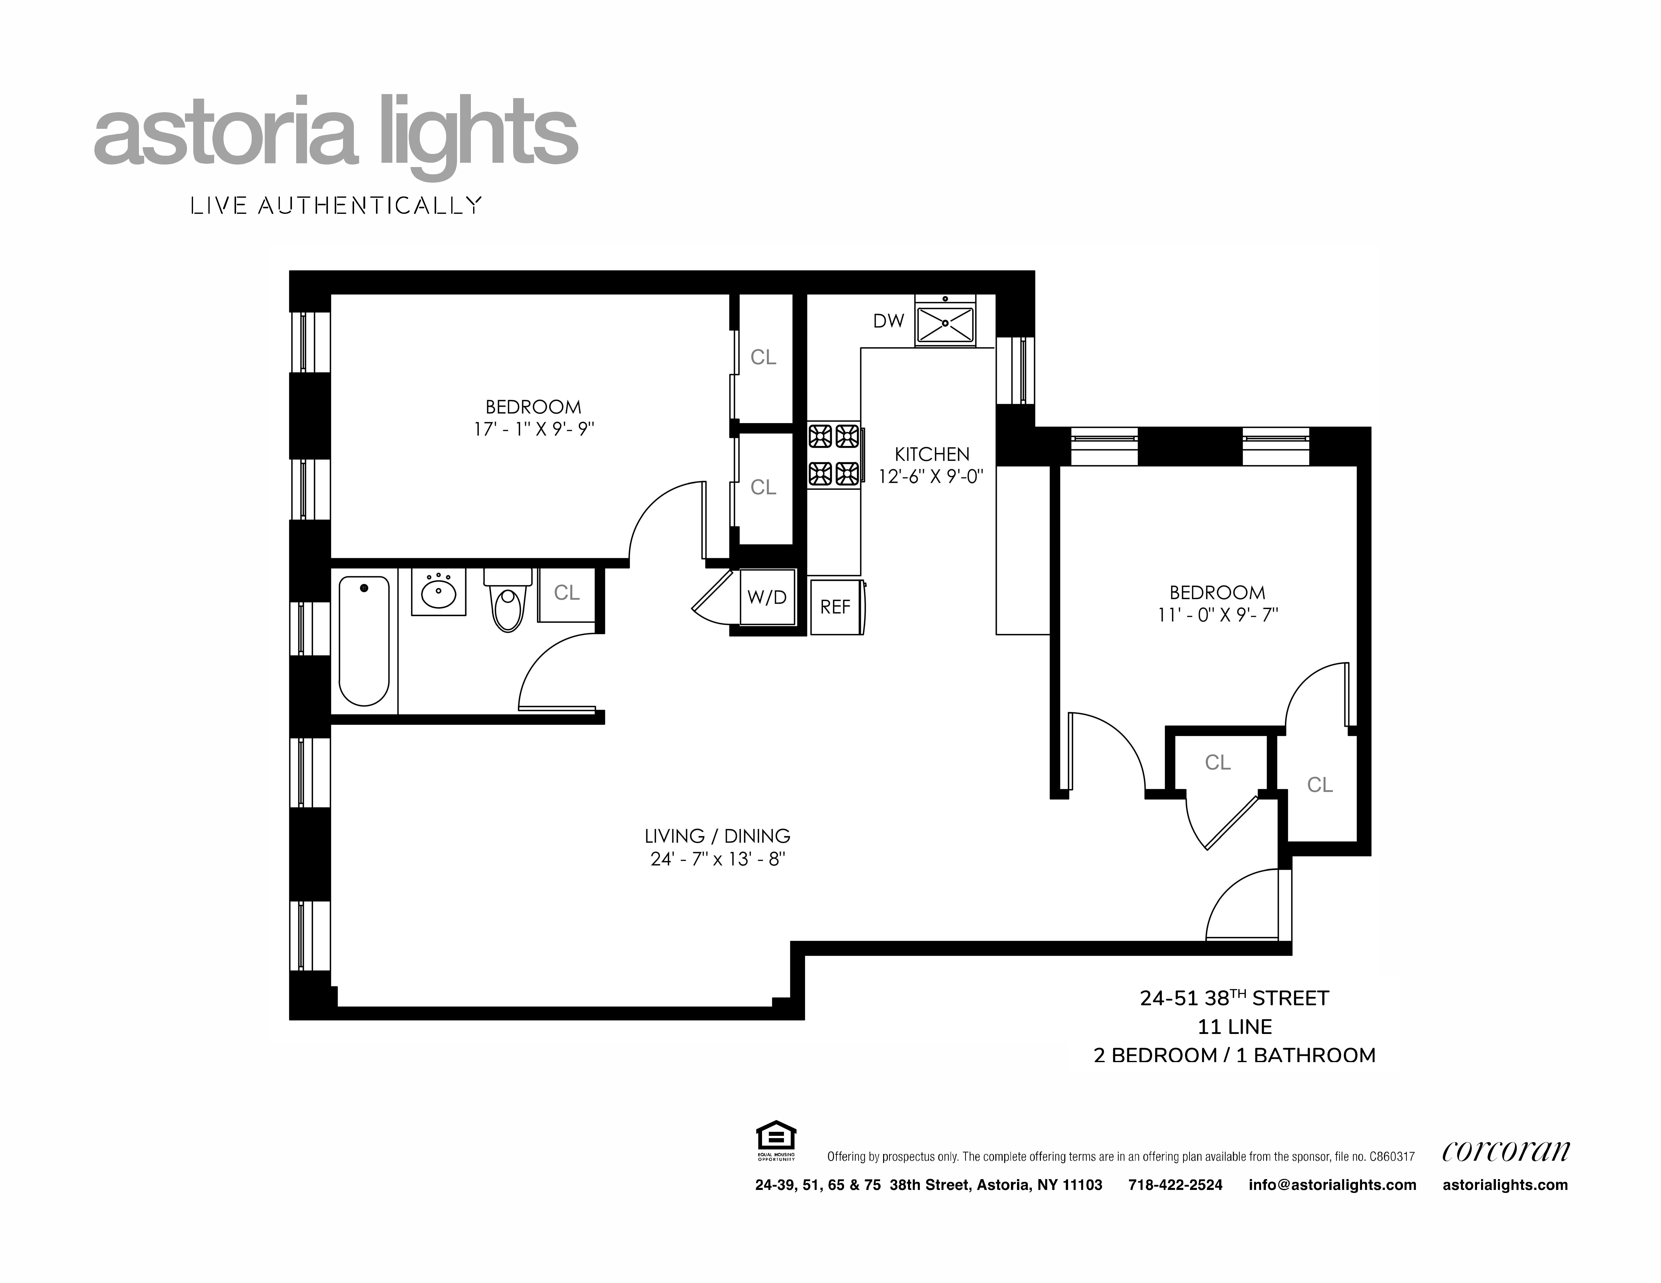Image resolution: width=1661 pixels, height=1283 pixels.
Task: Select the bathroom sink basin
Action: [x=439, y=593]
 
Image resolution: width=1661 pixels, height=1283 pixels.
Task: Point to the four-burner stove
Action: [x=834, y=455]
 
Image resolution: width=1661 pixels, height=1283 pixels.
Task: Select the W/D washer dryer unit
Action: [x=767, y=597]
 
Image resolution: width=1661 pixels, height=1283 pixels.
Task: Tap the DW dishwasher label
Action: [x=888, y=321]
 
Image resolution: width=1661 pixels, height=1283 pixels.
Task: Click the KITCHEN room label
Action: [x=932, y=455]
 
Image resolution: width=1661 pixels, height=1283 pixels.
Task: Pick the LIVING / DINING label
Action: [x=717, y=836]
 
